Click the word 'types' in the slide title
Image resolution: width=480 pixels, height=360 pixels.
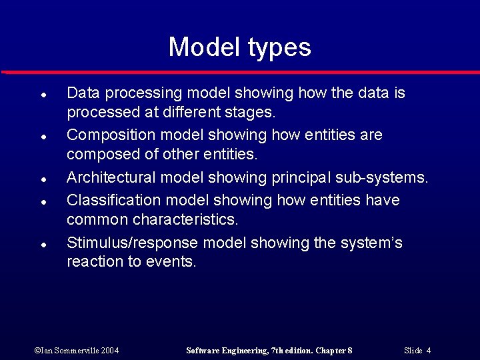point(279,48)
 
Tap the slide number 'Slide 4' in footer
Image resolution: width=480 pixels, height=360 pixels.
point(417,351)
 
